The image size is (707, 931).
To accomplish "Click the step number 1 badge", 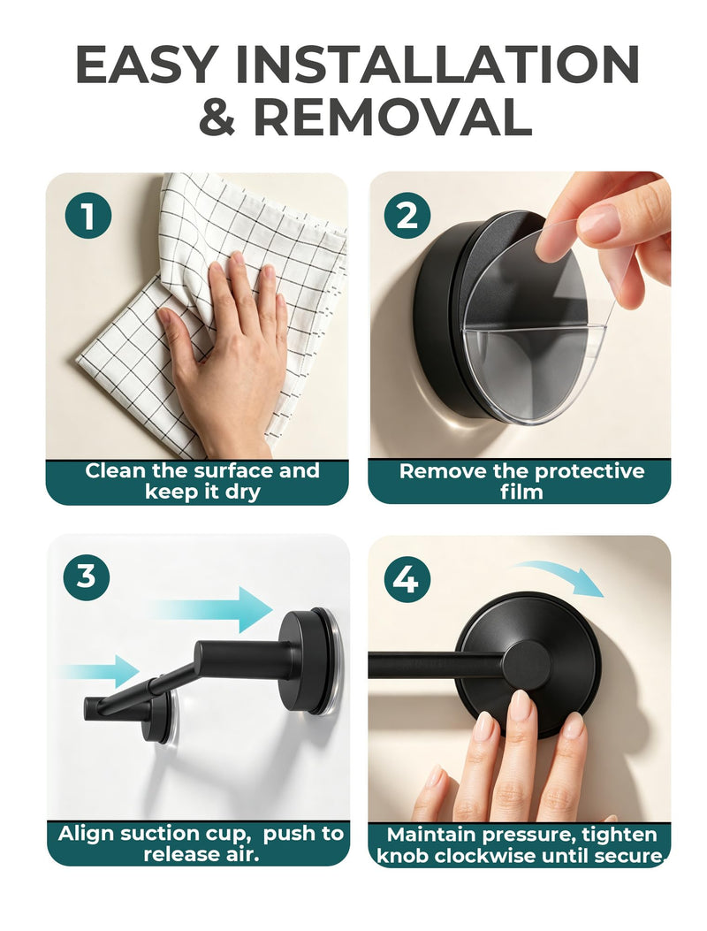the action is [87, 215].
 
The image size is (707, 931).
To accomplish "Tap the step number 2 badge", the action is [407, 215].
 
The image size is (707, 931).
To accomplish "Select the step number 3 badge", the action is [86, 576].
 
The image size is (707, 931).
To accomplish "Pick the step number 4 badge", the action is [407, 578].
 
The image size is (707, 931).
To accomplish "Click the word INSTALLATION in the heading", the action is [437, 65].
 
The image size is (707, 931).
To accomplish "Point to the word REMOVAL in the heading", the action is [392, 117].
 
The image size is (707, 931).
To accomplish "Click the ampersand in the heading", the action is [217, 117].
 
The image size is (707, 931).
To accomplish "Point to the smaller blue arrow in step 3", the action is [101, 672].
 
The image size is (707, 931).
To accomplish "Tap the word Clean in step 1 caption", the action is [115, 471].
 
